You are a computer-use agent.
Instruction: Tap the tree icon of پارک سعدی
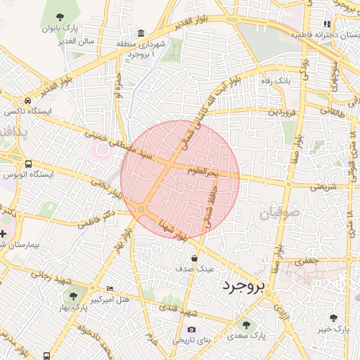(x=245, y=323)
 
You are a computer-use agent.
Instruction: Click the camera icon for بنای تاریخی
(x=191, y=330)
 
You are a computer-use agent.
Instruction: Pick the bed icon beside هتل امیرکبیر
(x=109, y=288)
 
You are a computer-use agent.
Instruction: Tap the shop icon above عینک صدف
(x=194, y=258)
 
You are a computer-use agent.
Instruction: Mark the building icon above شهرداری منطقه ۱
(x=141, y=33)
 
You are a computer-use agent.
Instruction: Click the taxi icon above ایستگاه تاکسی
(x=27, y=101)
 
